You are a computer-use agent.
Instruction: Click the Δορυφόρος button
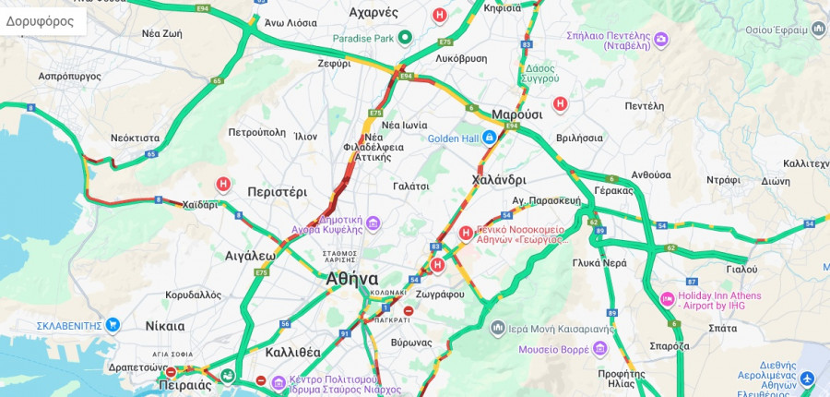[x=40, y=20]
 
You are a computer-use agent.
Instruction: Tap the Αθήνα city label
[x=351, y=278]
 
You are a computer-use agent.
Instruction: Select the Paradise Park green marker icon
[x=404, y=38]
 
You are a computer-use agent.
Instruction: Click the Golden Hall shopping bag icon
[x=491, y=138]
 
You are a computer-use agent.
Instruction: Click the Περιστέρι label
[x=277, y=192]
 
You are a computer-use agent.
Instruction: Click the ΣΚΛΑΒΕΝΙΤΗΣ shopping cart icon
[x=113, y=325]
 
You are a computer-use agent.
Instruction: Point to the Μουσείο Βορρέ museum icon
[x=600, y=348]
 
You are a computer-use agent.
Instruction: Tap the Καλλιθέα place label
[x=292, y=352]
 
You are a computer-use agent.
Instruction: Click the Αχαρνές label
[x=373, y=12]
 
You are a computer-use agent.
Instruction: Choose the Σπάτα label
[x=697, y=327]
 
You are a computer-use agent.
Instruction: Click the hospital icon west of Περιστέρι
[x=222, y=185]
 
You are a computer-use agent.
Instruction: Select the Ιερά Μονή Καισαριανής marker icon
[x=497, y=328]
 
